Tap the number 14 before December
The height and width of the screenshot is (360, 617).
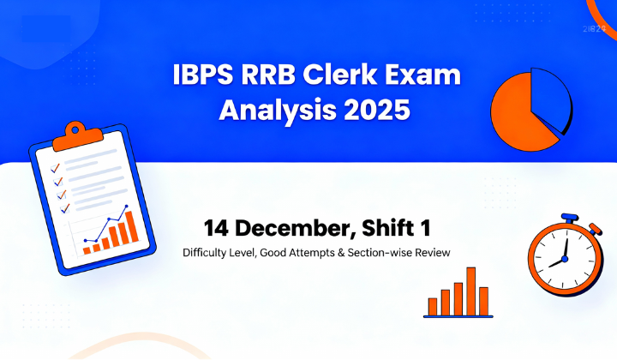click(216, 229)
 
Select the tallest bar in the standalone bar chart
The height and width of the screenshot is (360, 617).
click(470, 291)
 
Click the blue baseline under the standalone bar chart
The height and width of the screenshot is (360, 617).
click(458, 315)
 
